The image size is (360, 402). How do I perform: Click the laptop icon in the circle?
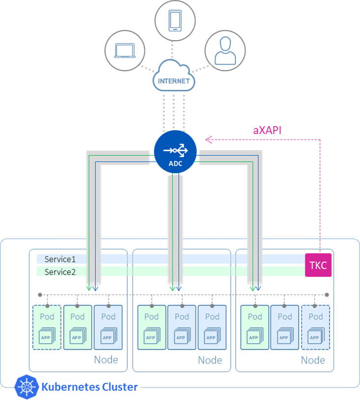coord(124,50)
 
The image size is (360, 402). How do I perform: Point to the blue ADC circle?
coord(175,152)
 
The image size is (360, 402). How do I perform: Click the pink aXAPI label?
coord(267,130)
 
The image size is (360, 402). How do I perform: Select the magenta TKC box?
coord(318,266)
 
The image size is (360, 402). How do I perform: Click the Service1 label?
coord(60,259)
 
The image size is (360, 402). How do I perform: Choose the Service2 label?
coord(60,271)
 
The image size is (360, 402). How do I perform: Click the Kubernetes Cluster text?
coord(89,387)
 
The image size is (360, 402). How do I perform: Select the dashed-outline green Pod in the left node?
coord(47,327)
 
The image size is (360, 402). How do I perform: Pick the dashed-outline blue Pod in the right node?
coord(315,327)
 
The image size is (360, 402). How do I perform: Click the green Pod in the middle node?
coord(151,327)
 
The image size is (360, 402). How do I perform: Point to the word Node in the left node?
coord(106,360)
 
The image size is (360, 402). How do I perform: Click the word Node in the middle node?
coord(210,360)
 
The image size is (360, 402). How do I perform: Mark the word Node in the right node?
coord(313,360)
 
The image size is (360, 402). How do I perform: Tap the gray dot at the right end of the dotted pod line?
coord(327,295)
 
